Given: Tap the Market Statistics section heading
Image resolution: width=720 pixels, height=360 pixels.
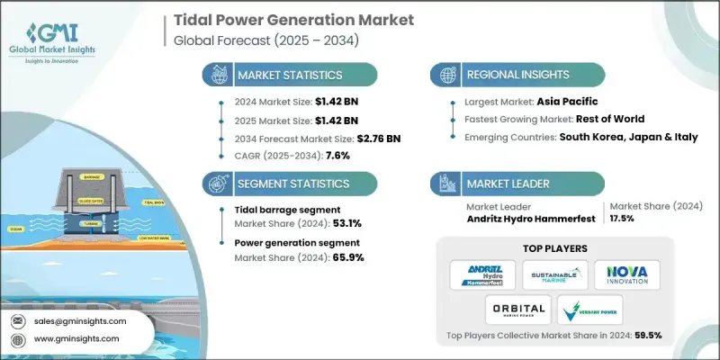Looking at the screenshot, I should point(288,76).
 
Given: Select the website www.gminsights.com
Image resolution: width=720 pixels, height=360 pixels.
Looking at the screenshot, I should point(77,339).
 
